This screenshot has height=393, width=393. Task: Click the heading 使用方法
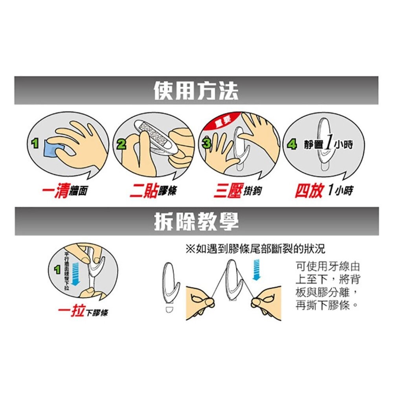click(x=196, y=91)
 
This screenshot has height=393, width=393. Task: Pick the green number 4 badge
click(x=292, y=145)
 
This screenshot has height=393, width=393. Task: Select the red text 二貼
click(x=143, y=191)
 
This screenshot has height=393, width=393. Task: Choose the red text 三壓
click(x=227, y=191)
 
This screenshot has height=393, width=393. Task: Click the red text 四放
click(x=309, y=191)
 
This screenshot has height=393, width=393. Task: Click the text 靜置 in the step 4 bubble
click(x=312, y=145)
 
